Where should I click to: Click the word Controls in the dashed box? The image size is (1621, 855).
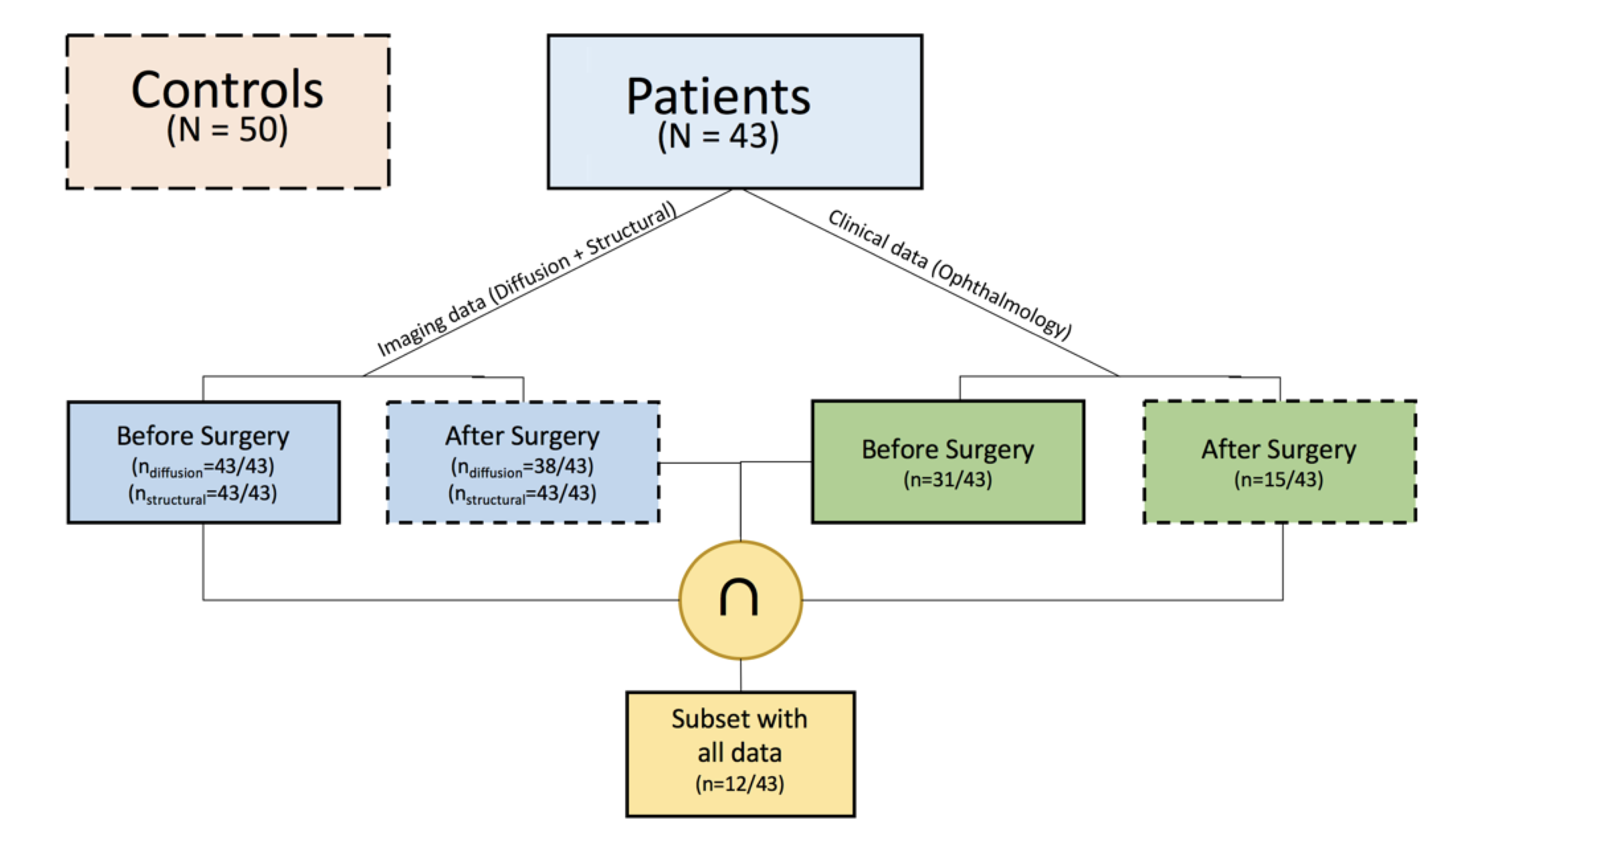[x=227, y=90]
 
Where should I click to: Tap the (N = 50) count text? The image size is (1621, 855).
[x=227, y=131]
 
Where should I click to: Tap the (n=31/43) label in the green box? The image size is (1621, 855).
[x=947, y=480]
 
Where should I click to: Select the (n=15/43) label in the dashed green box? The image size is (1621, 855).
[x=1279, y=480]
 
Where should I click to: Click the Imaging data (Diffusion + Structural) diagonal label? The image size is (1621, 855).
[x=526, y=279]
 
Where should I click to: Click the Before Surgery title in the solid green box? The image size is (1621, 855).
[x=947, y=449]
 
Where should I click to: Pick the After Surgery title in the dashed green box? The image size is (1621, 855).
[x=1279, y=449]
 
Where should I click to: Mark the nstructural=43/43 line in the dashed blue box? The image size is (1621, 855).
[x=522, y=494]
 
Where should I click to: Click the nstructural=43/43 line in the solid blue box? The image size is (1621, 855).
[x=203, y=494]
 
